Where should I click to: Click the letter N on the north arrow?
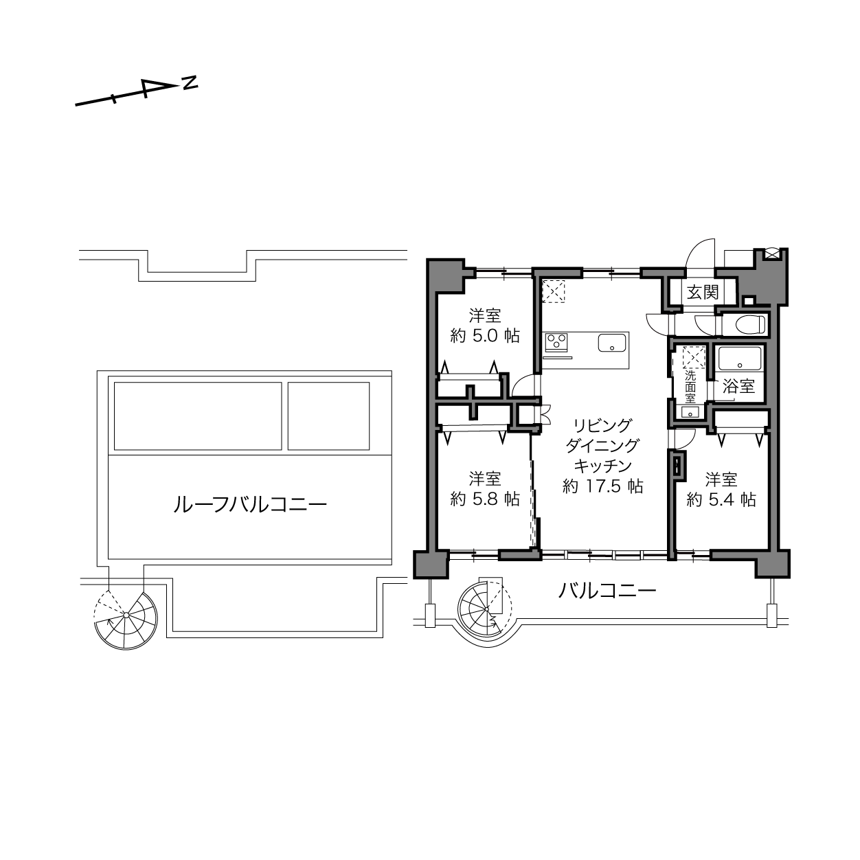pyautogui.click(x=190, y=82)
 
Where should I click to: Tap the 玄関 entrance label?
pyautogui.click(x=703, y=293)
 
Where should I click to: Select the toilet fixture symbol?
pyautogui.click(x=751, y=324)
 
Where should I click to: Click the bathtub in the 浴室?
pyautogui.click(x=738, y=360)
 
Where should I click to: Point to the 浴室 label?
pyautogui.click(x=738, y=387)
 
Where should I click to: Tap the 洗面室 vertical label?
pyautogui.click(x=690, y=387)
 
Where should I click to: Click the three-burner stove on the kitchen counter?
pyautogui.click(x=556, y=343)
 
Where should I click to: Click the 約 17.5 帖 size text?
pyautogui.click(x=602, y=486)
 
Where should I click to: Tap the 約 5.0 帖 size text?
pyautogui.click(x=485, y=336)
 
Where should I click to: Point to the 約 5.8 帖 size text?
pyautogui.click(x=485, y=499)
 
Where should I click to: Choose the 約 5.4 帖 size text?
pyautogui.click(x=721, y=499)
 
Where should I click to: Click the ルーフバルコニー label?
pyautogui.click(x=250, y=505)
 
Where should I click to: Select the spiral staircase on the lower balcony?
pyautogui.click(x=485, y=610)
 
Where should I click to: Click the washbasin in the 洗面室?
pyautogui.click(x=690, y=412)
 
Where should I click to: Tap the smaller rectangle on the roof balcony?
pyautogui.click(x=328, y=416)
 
